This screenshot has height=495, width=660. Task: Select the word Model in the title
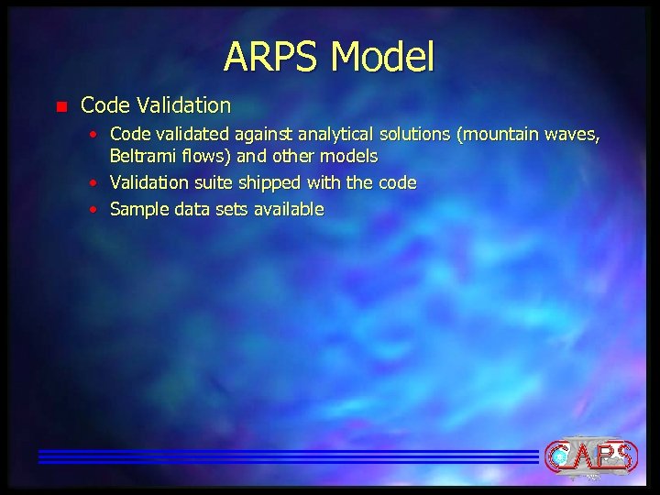382,57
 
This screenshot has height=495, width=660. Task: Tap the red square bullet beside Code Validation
60,106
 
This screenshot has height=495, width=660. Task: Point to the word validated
185,136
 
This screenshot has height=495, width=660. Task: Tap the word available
287,210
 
